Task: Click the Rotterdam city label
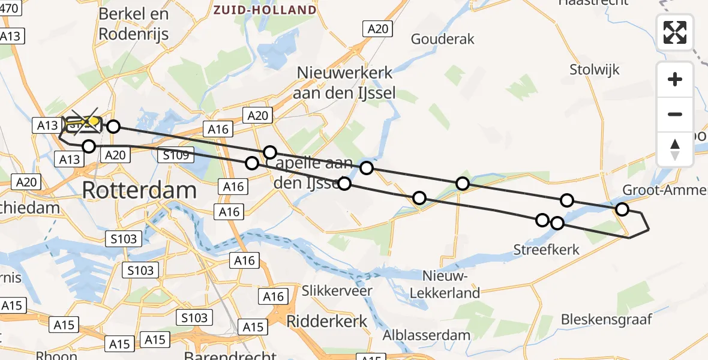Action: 139,190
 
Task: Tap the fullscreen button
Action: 675,32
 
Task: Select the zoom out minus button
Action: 675,114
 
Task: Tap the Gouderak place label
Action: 442,39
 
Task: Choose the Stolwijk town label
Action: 595,70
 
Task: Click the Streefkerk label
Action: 547,249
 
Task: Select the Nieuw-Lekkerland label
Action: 451,284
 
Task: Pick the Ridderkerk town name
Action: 326,320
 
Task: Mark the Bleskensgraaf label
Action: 606,319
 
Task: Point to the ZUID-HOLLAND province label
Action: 265,10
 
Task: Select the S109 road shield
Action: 175,155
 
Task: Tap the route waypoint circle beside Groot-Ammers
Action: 622,209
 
